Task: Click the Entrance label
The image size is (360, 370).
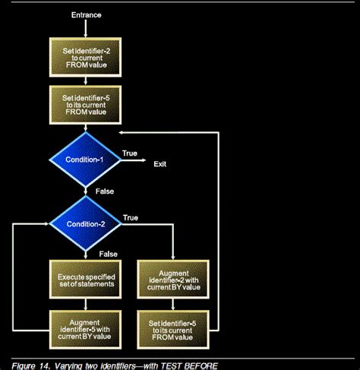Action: [85, 14]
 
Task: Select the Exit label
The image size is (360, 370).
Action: [160, 163]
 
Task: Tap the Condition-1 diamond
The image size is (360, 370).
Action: [85, 159]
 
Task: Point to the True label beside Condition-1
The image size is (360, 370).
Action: [130, 153]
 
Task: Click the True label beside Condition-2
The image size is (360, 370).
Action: [130, 217]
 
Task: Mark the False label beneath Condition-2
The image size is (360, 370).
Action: [108, 255]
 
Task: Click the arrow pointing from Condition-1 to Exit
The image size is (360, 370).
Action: [133, 160]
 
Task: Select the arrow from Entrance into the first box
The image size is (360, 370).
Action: [85, 29]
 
